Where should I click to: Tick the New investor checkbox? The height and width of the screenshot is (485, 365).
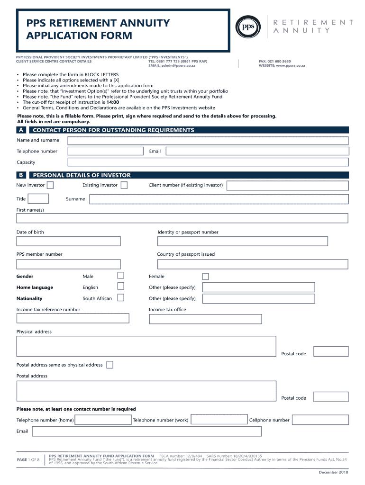[x=50, y=185]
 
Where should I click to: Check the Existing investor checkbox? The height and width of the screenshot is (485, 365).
[x=124, y=185]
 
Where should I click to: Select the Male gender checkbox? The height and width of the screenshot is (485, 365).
[x=121, y=276]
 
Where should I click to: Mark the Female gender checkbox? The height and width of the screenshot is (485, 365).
[x=205, y=276]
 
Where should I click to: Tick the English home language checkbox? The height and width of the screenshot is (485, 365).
[x=121, y=286]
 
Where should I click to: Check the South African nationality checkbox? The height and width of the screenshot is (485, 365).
[x=121, y=297]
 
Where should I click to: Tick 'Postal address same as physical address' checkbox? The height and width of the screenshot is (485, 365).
[x=110, y=365]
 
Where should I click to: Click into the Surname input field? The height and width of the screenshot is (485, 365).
[x=219, y=199]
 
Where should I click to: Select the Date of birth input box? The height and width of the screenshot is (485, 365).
[x=69, y=241]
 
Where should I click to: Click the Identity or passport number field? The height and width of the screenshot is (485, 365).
[x=242, y=241]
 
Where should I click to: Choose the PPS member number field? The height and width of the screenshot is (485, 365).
[x=69, y=264]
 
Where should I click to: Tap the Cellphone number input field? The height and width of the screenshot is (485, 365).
[x=320, y=420]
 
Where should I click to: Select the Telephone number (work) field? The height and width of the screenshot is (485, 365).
[x=219, y=420]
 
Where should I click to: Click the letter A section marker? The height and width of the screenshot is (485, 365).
[x=21, y=130]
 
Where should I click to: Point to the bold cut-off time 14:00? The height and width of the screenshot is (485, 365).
[x=112, y=102]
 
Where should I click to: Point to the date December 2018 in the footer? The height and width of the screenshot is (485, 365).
[x=333, y=472]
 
